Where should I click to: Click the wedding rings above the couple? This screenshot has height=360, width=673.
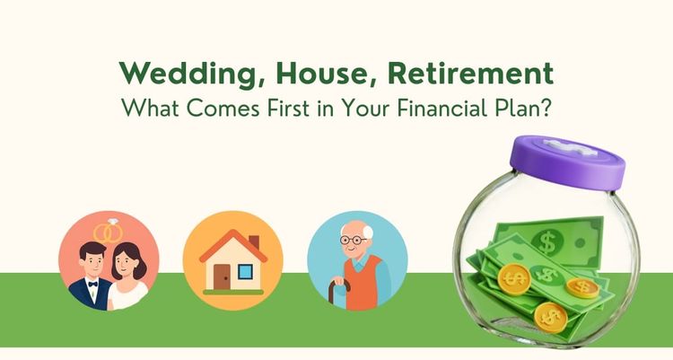[109, 233]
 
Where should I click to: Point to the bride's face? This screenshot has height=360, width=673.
[125, 266]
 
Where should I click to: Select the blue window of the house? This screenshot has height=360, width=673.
[245, 269]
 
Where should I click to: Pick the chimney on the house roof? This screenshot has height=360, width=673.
[253, 242]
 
